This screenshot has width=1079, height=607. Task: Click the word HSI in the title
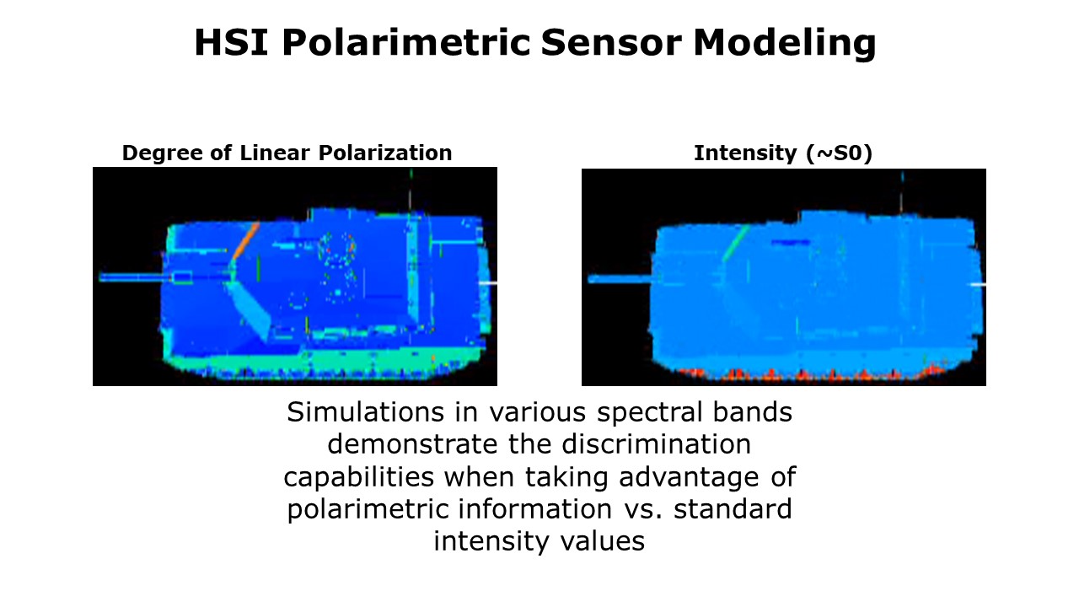pos(231,42)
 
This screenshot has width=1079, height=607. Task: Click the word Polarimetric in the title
pos(406,42)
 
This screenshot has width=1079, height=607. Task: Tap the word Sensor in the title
pos(611,42)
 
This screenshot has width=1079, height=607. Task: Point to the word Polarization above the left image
pos(385,153)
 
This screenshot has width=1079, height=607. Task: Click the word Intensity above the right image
pos(745,153)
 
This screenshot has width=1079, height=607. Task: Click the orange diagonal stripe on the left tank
pos(245,241)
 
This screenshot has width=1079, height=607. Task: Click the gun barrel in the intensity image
pos(620,279)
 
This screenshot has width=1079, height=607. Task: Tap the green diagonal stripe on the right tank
pos(736,243)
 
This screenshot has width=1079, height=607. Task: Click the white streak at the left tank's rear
pos(488,282)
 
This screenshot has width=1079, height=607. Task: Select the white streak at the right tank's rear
pos(978,285)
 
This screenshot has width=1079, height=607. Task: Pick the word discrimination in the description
pos(656,444)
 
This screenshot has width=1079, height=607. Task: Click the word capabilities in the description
pos(359,477)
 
